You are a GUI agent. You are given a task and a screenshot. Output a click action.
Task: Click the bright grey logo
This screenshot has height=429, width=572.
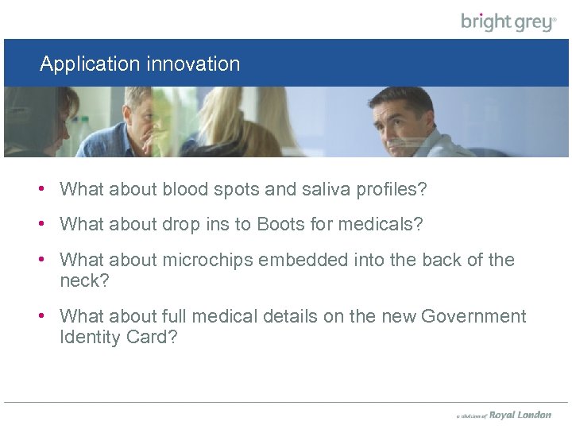508,21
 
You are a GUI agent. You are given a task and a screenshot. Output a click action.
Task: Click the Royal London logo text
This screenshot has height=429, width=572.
520,415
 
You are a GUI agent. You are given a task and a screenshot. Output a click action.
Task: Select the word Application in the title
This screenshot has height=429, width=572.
87,64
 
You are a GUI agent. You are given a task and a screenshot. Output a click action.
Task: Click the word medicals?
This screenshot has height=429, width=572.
381,225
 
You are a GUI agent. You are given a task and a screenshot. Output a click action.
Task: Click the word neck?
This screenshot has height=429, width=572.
84,280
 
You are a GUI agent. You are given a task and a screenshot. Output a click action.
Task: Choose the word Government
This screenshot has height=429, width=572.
473,316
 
